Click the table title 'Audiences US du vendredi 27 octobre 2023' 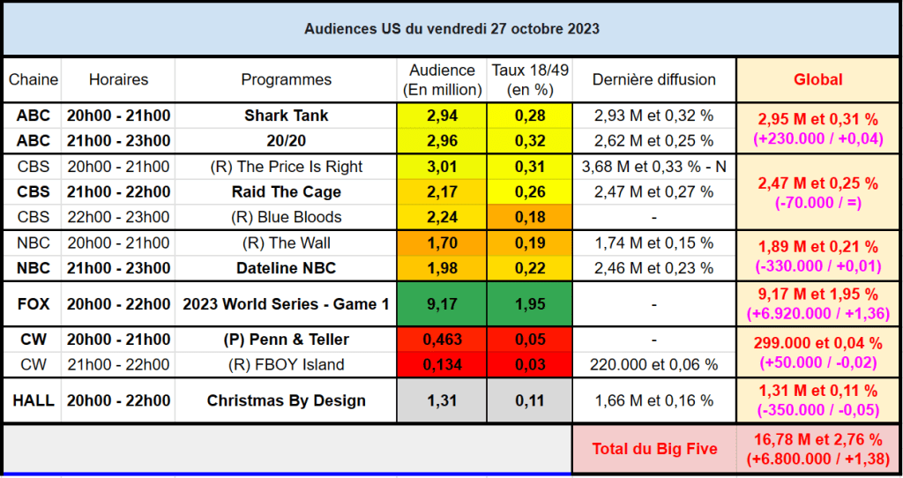click(451, 29)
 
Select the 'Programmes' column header click(287, 80)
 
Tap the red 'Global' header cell click(817, 79)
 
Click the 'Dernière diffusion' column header click(653, 80)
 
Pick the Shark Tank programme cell click(287, 116)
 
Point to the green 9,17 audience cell click(441, 304)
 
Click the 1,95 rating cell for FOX click(529, 304)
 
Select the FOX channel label click(33, 304)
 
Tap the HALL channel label click(33, 400)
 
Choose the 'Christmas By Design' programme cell click(287, 400)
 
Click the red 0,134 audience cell click(441, 365)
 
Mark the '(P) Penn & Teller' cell click(287, 340)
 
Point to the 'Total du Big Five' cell click(654, 449)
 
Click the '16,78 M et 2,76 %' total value click(817, 439)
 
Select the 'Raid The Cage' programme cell click(287, 191)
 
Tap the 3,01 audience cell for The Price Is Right click(441, 167)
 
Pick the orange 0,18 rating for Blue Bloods click(529, 217)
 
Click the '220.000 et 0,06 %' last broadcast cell click(653, 365)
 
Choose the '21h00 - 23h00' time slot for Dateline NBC click(117, 268)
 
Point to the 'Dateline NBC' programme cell click(287, 268)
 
